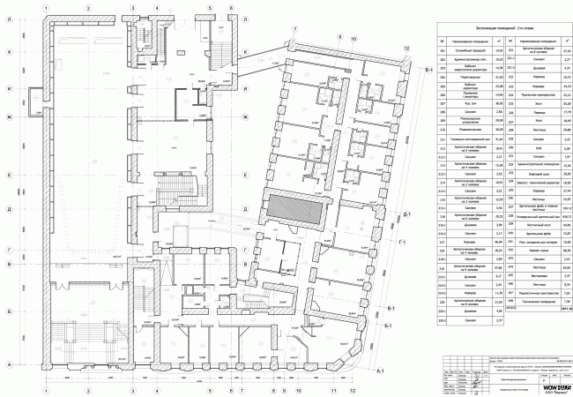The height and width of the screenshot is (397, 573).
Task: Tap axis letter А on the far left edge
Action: pyautogui.click(x=8, y=364)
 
